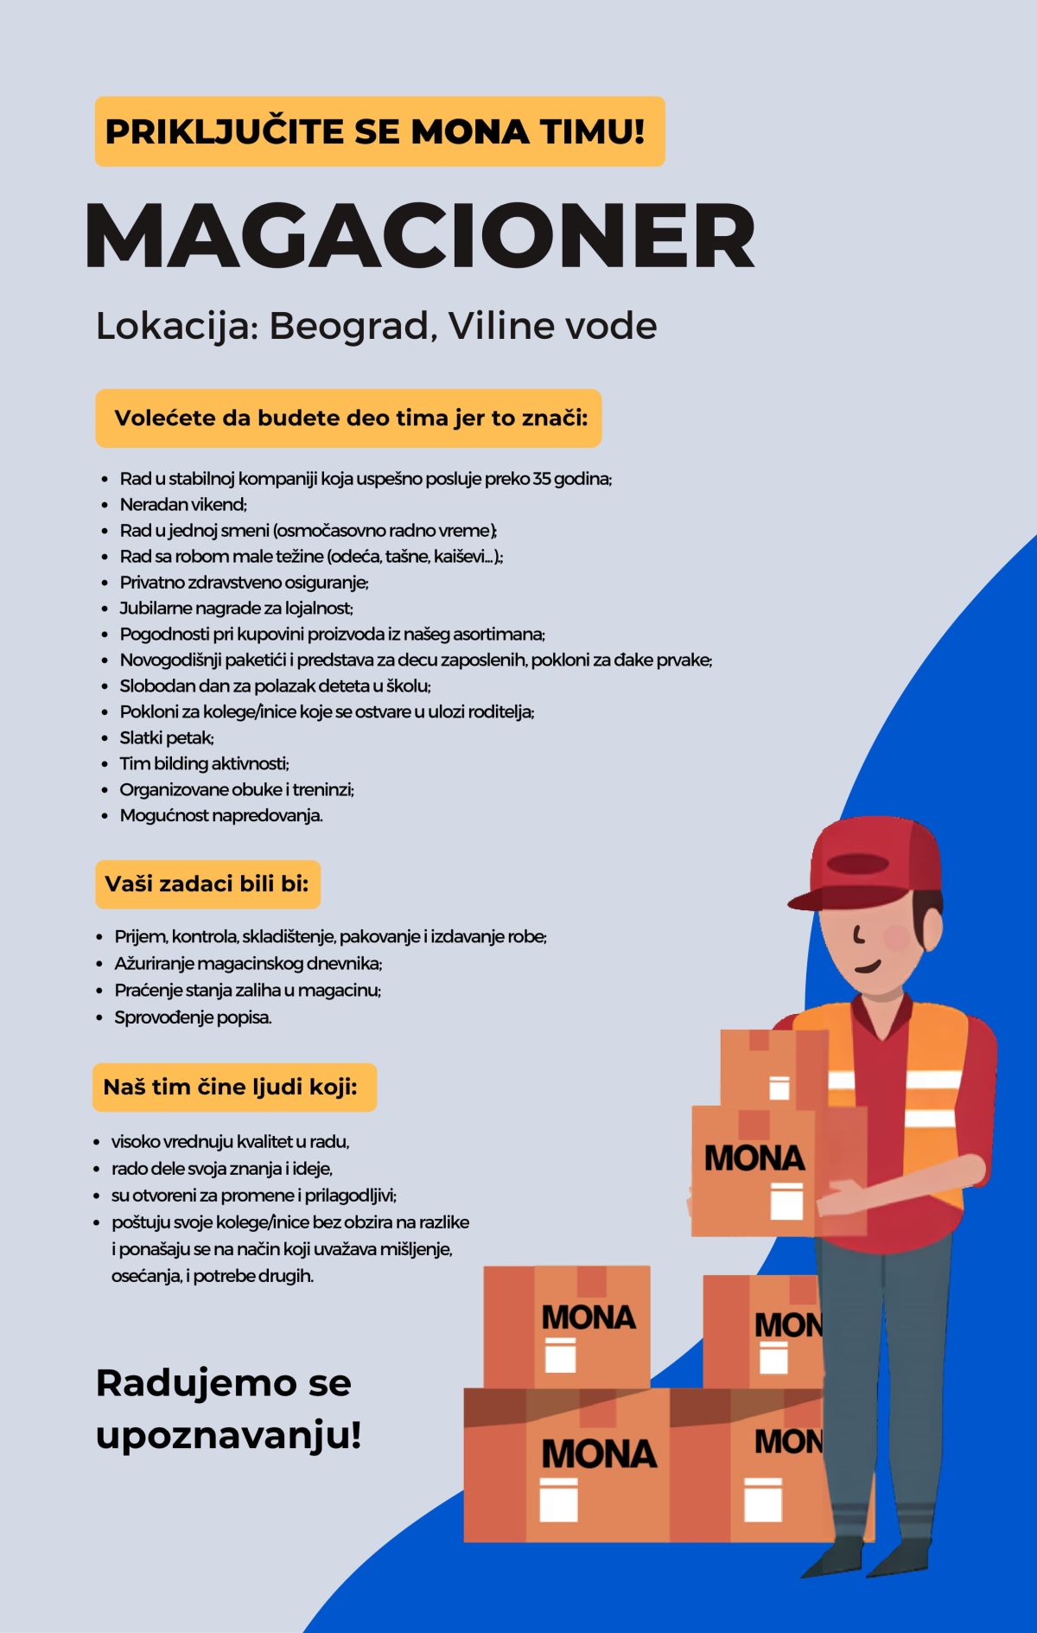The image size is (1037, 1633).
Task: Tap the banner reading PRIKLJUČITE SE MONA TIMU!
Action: click(x=379, y=131)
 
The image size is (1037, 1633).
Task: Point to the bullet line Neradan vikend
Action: click(x=183, y=505)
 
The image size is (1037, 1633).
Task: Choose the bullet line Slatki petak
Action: click(x=167, y=738)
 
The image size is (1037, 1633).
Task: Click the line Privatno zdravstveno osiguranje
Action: click(x=244, y=583)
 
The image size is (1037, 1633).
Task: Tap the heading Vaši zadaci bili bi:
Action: click(x=207, y=884)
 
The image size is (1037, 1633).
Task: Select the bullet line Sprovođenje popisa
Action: click(x=193, y=1017)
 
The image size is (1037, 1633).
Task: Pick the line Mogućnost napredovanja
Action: click(x=220, y=815)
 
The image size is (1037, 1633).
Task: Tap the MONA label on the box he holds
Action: click(x=754, y=1158)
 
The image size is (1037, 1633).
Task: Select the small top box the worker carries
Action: click(x=773, y=1068)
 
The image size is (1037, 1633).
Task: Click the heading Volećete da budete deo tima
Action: click(x=349, y=418)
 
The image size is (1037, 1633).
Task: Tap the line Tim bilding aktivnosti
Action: click(x=204, y=764)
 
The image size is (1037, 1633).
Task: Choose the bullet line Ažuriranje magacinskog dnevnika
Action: click(x=248, y=964)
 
